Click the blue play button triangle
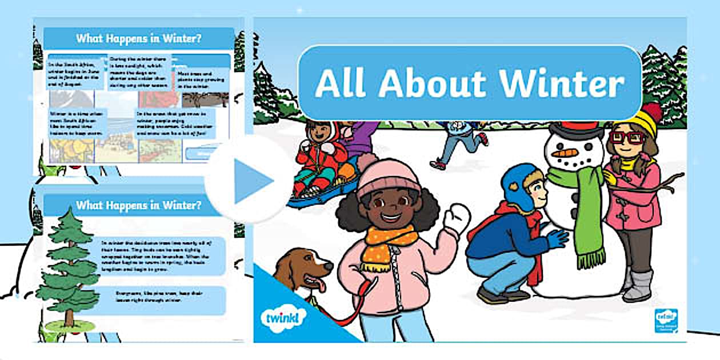pyautogui.click(x=252, y=180)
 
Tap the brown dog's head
pyautogui.click(x=306, y=269)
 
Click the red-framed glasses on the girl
pyautogui.click(x=627, y=138)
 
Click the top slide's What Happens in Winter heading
pyautogui.click(x=138, y=39)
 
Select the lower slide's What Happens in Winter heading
pyautogui.click(x=138, y=205)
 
